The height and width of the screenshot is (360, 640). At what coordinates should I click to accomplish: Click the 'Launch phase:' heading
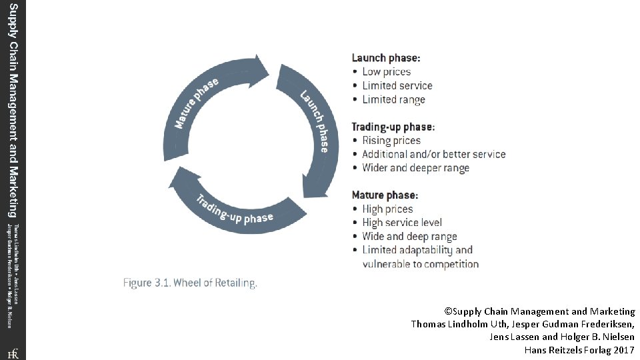click(386, 58)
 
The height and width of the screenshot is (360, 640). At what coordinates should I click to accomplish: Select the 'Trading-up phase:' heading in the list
click(393, 127)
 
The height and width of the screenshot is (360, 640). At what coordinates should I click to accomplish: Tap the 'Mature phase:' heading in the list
click(385, 195)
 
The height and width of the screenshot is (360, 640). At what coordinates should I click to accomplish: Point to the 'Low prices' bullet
click(386, 72)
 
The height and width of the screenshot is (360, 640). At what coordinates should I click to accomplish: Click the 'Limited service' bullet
click(397, 86)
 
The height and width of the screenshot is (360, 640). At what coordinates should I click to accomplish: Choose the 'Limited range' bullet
click(393, 100)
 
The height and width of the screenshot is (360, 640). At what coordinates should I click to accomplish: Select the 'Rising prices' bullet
click(391, 141)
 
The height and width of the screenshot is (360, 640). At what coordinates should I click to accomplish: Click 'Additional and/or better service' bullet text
click(433, 155)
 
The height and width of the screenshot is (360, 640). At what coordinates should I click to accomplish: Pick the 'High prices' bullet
click(387, 209)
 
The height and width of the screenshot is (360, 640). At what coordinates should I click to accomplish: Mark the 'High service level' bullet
click(401, 223)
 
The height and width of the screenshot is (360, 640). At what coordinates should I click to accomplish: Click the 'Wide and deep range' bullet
click(409, 237)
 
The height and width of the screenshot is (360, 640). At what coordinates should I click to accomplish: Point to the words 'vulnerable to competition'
click(420, 264)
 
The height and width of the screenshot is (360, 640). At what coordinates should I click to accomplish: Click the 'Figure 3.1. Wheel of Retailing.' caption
click(190, 283)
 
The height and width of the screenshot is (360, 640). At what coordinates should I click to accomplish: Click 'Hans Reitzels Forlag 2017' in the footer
click(579, 350)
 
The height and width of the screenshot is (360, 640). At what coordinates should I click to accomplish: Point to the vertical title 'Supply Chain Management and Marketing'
click(13, 110)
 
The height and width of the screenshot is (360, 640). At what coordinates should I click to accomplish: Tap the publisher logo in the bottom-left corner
click(13, 353)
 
